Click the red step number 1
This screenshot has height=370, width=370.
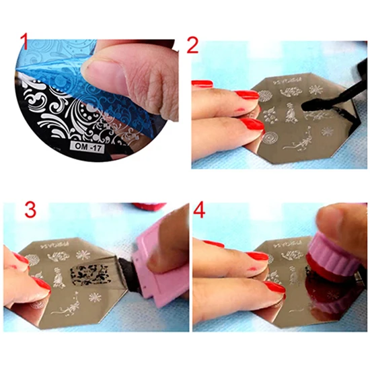click(x=25, y=42)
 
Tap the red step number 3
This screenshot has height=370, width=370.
click(x=29, y=210)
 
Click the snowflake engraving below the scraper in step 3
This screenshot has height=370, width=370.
click(x=95, y=297)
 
